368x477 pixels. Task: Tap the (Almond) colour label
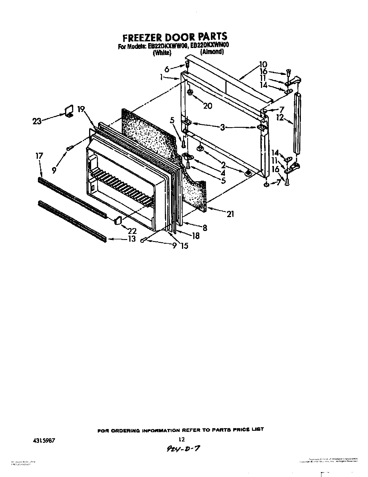pyautogui.click(x=212, y=52)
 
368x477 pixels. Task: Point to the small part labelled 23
pyautogui.click(x=69, y=111)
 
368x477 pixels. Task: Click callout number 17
pyautogui.click(x=39, y=156)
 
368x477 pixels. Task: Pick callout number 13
pyautogui.click(x=132, y=239)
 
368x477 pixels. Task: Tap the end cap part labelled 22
pyautogui.click(x=118, y=221)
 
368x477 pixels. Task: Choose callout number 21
pyautogui.click(x=230, y=214)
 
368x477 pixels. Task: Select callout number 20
pyautogui.click(x=207, y=106)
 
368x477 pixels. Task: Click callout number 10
pyautogui.click(x=263, y=64)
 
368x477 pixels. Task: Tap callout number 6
pyautogui.click(x=167, y=69)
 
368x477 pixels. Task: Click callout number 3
pyautogui.click(x=222, y=127)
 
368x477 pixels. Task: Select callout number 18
pyautogui.click(x=196, y=236)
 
